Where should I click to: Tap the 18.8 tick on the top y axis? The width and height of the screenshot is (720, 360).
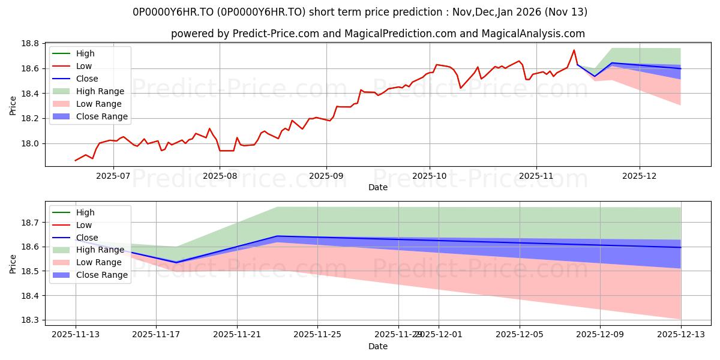pyautogui.click(x=31, y=44)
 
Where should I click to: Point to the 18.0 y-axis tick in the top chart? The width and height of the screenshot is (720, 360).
pyautogui.click(x=31, y=143)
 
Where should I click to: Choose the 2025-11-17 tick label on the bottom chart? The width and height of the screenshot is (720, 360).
pyautogui.click(x=156, y=335)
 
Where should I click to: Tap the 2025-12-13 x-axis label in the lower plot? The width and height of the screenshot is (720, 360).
pyautogui.click(x=680, y=335)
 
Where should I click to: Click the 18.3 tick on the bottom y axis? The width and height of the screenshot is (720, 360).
pyautogui.click(x=31, y=320)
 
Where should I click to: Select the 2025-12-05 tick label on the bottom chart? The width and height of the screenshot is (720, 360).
pyautogui.click(x=520, y=335)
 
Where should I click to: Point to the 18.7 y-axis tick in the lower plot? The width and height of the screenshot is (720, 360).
pyautogui.click(x=31, y=223)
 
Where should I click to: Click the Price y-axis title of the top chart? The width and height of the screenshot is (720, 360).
pyautogui.click(x=13, y=104)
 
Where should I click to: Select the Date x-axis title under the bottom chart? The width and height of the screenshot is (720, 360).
pyautogui.click(x=378, y=346)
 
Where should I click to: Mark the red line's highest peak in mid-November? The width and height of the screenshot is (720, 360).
pyautogui.click(x=574, y=50)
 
